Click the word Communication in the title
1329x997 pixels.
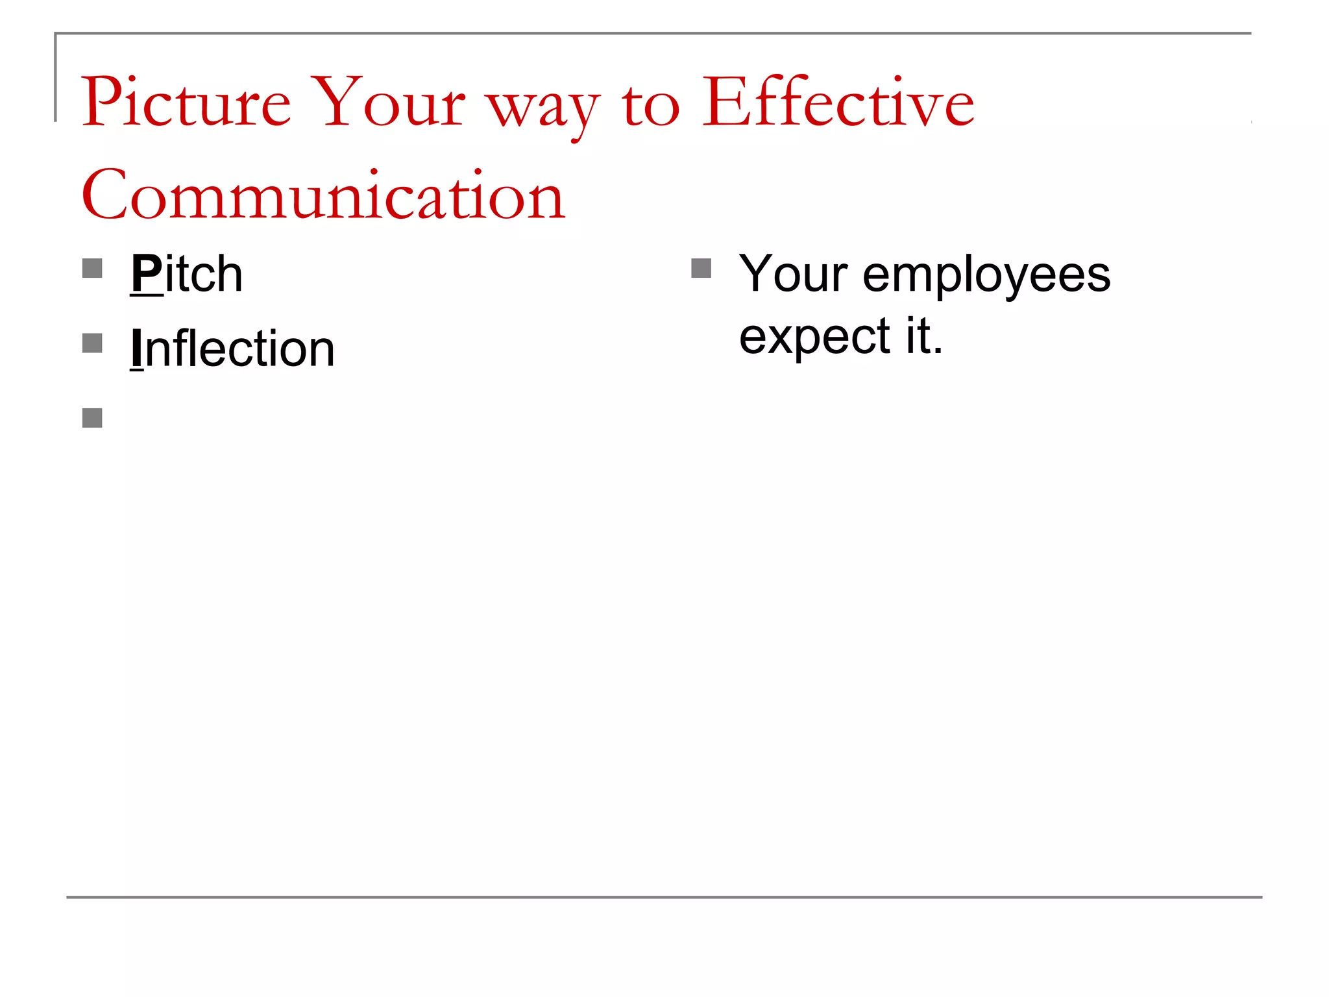323,195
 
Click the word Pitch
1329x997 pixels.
187,275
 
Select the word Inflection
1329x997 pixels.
233,349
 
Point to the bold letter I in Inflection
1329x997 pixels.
136,349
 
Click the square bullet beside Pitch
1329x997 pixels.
92,269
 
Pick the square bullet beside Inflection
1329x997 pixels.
92,343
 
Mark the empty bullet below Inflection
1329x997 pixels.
92,418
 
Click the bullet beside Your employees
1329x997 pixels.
701,269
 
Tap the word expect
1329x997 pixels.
814,338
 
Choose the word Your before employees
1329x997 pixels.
793,275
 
